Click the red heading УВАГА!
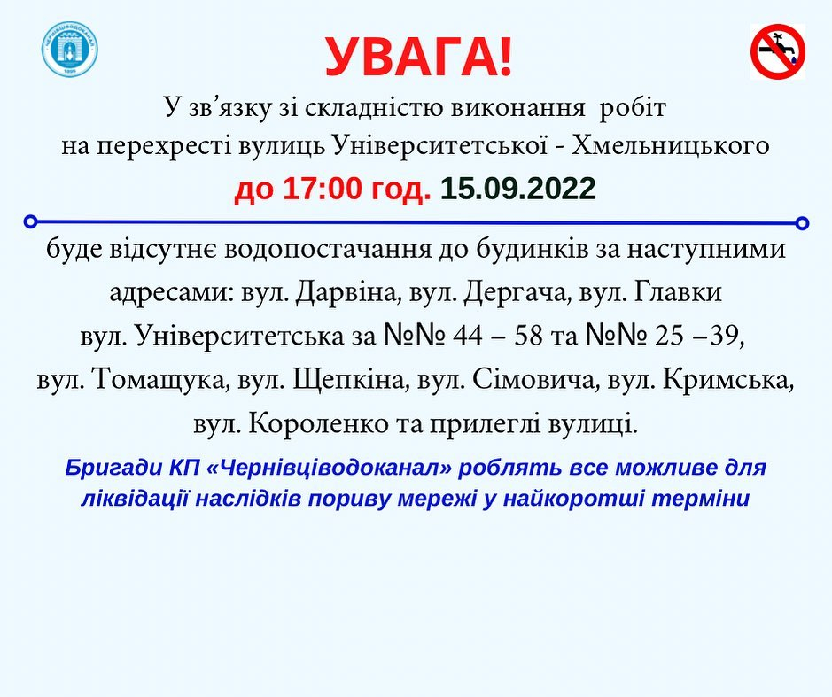click(x=418, y=57)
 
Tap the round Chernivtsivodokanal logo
click(x=69, y=50)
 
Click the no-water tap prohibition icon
click(x=778, y=51)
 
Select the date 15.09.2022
click(x=517, y=189)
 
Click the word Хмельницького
click(x=670, y=145)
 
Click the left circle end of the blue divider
click(x=31, y=221)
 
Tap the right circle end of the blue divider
click(x=803, y=223)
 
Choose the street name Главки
click(x=678, y=292)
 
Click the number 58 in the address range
click(x=528, y=337)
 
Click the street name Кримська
click(x=727, y=380)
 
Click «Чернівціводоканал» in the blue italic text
click(x=329, y=469)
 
